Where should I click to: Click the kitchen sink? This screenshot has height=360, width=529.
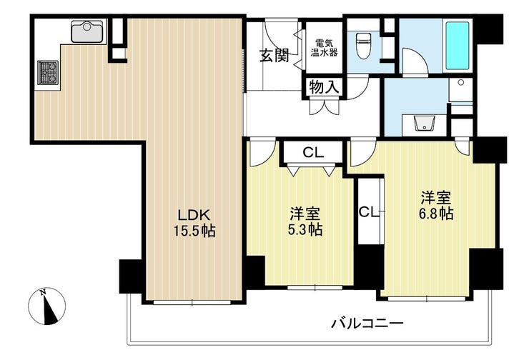coord(87,31)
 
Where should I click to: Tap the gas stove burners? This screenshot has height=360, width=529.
coord(48,72)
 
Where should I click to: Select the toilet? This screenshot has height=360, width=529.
coord(363,46)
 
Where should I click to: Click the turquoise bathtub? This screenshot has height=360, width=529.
coord(458,46)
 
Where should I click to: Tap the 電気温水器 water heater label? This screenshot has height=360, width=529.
coord(325,48)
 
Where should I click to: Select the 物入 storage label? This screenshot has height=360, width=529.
coord(324,88)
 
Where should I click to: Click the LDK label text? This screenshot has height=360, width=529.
coord(194,215)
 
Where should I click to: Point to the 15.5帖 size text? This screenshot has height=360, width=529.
coord(194,231)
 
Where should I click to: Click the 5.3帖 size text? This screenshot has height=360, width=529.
coord(305,229)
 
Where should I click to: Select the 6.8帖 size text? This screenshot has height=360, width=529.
coord(436,214)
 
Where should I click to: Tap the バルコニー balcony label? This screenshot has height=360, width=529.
coord(367,324)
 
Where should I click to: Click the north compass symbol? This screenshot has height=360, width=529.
coord(47,306)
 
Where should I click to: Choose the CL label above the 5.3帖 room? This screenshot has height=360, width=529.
coord(313,153)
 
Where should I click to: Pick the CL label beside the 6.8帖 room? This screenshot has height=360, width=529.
coord(369,212)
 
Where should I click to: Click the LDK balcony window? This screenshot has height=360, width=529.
coord(192,302)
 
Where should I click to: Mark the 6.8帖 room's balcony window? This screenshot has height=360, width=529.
coord(427,299)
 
